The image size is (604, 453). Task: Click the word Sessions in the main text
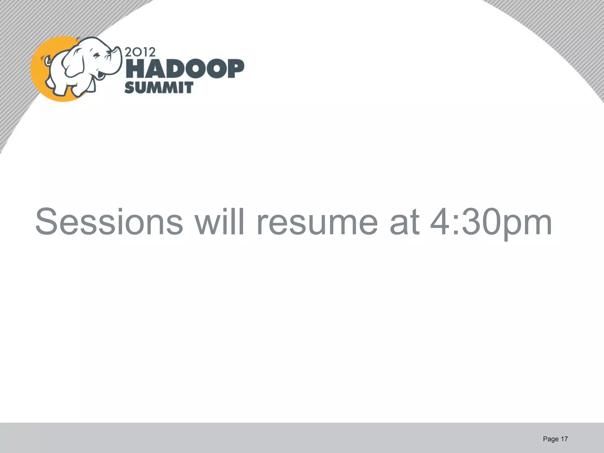[109, 222]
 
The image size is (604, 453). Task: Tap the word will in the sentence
[220, 222]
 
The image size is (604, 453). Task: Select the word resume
[317, 222]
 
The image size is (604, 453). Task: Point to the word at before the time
[405, 222]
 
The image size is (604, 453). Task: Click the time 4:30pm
[491, 222]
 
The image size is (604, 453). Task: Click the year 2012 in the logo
[140, 52]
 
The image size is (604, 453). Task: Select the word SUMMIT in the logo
[159, 88]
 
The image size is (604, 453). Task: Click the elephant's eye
[96, 55]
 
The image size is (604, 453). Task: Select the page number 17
[564, 439]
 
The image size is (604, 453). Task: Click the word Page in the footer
[551, 439]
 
